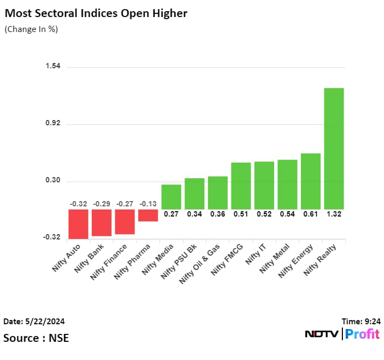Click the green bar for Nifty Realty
coord(334,148)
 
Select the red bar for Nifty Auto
coord(78,224)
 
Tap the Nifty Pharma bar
coord(148,215)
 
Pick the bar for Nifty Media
coord(171,197)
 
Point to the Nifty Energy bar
coord(310,181)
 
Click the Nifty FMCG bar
coord(241,186)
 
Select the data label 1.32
coord(334,214)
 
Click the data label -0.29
coord(101,204)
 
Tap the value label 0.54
coord(287,214)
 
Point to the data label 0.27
coord(171,214)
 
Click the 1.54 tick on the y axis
coord(53,66)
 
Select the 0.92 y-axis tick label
coord(53,123)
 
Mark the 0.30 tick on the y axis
coord(53,180)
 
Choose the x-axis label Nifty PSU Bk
coord(178,261)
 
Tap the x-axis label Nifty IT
coord(254,254)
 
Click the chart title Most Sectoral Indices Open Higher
coord(96,13)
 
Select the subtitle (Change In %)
coord(31,29)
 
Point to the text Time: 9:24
coord(361,321)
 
